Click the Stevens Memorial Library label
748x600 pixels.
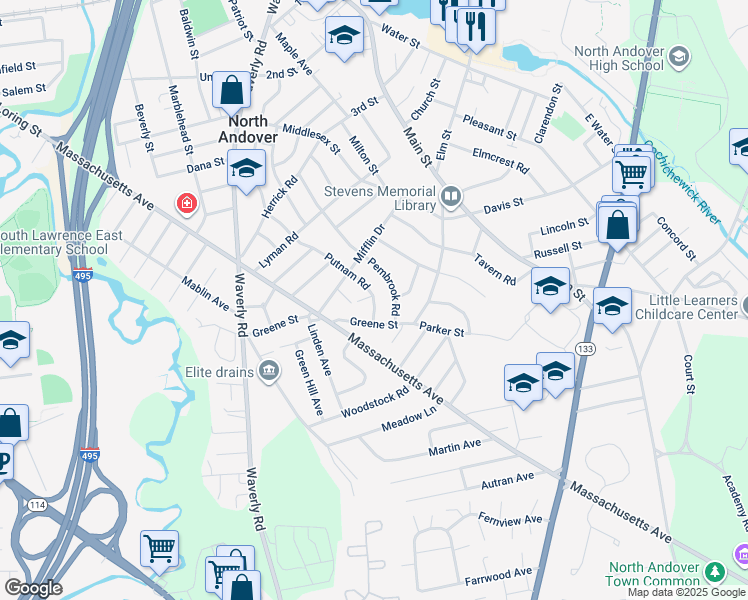point(380,198)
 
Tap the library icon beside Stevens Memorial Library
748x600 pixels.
point(451,197)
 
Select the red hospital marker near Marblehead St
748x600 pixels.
point(186,204)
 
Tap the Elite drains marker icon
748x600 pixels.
point(269,373)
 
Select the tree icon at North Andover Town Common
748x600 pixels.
point(715,571)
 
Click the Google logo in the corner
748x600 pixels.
point(34,588)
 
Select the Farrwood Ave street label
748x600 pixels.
point(499,573)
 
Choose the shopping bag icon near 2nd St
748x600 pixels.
point(231,91)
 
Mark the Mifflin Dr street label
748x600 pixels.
point(369,245)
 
